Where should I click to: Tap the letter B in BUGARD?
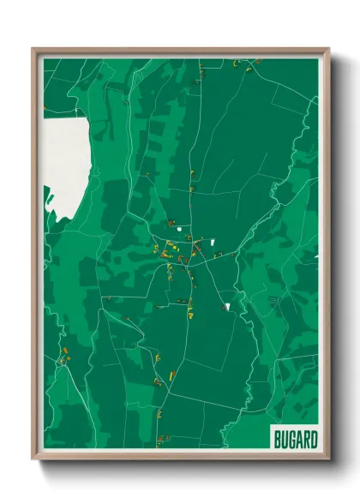278,440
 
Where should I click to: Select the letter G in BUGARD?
291,440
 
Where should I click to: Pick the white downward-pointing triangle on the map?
228,305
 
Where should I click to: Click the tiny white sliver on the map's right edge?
316,256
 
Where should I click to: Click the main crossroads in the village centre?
190,240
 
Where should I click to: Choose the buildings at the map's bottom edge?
159,442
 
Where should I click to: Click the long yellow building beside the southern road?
172,375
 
